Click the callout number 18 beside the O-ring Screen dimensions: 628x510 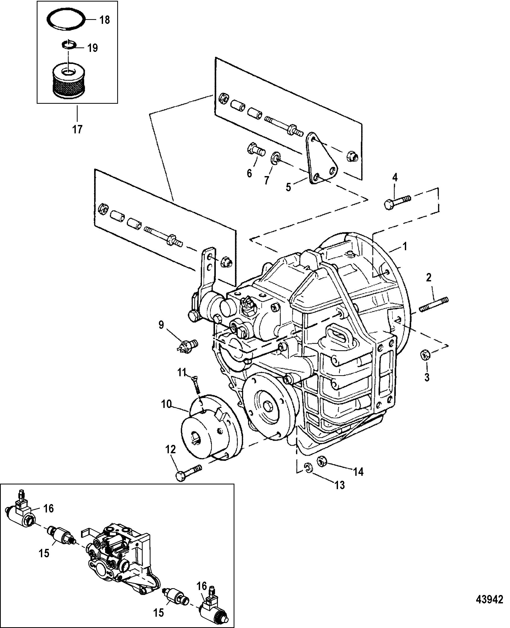105,20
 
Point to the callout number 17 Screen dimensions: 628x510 77,129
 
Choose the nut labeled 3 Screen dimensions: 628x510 425,356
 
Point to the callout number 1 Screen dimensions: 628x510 405,247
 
